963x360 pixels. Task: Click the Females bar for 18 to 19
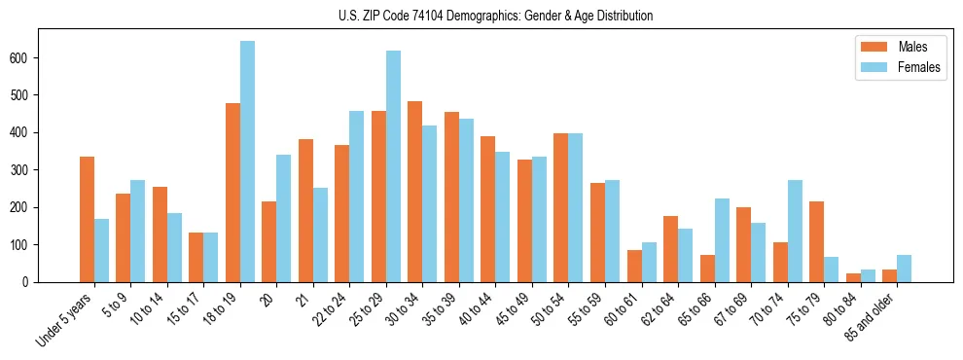click(247, 162)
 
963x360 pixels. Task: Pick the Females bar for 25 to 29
click(393, 166)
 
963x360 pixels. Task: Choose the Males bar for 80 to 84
click(853, 277)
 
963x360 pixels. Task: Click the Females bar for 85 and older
click(904, 269)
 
